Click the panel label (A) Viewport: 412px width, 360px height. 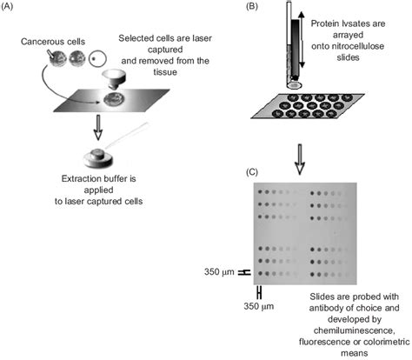(x=7, y=7)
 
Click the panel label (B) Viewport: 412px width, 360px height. (x=251, y=7)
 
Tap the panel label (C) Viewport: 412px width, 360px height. (x=251, y=172)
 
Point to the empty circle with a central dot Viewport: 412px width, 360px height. (x=97, y=58)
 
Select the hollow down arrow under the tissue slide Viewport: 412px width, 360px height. (x=98, y=128)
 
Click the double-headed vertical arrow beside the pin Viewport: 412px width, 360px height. (x=301, y=40)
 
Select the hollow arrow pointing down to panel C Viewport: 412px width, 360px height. (x=300, y=159)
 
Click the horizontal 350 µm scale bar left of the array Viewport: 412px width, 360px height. (x=244, y=272)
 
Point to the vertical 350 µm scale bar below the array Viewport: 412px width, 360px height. (x=259, y=292)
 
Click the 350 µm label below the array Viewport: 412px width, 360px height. (x=258, y=306)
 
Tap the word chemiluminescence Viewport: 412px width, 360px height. (x=354, y=330)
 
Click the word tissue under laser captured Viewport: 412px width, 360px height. (x=165, y=72)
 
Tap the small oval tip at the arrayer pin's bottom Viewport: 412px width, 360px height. (x=294, y=85)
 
